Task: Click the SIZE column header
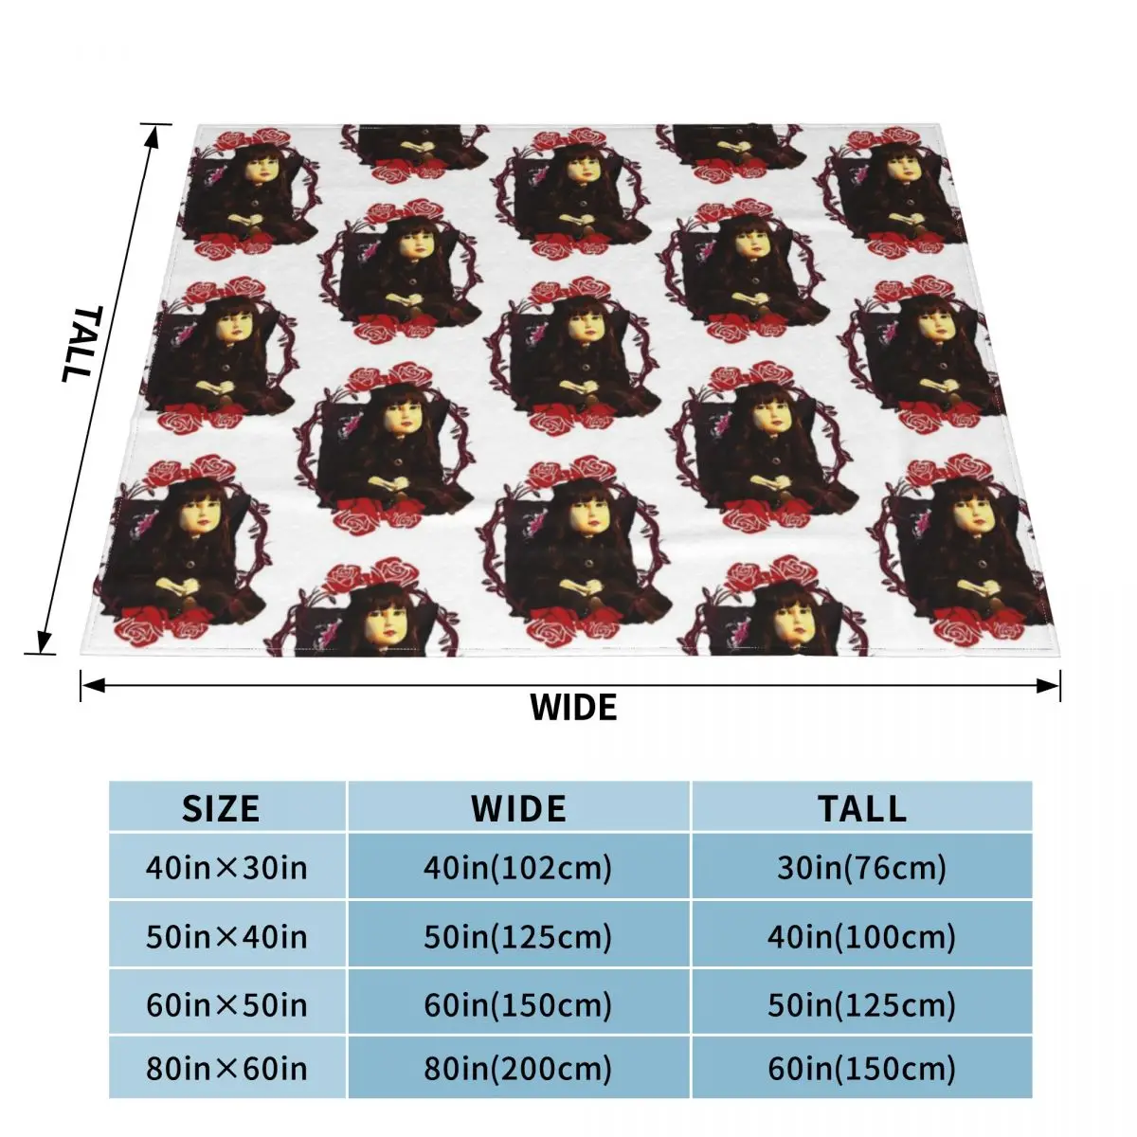(x=221, y=808)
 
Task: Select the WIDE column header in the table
(x=518, y=808)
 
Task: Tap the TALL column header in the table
(x=862, y=808)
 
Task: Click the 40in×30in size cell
(x=226, y=867)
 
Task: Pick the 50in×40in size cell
(x=226, y=937)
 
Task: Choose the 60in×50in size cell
(x=226, y=1004)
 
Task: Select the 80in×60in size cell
(x=226, y=1069)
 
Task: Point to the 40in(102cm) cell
(x=518, y=867)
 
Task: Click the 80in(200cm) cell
(x=518, y=1069)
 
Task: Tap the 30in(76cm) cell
(x=862, y=867)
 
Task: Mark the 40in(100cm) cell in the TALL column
(x=862, y=937)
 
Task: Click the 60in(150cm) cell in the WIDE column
(x=518, y=1004)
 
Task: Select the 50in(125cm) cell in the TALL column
(x=862, y=1004)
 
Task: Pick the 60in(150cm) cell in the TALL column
(x=862, y=1069)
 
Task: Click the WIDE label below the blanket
(x=573, y=708)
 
